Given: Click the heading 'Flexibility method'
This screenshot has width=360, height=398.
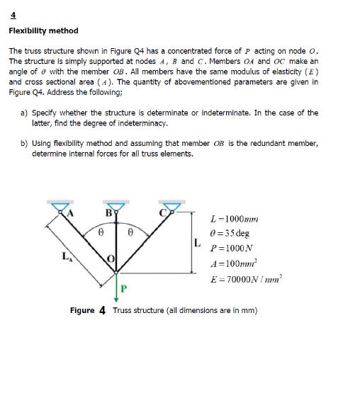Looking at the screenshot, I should pos(43,31).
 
